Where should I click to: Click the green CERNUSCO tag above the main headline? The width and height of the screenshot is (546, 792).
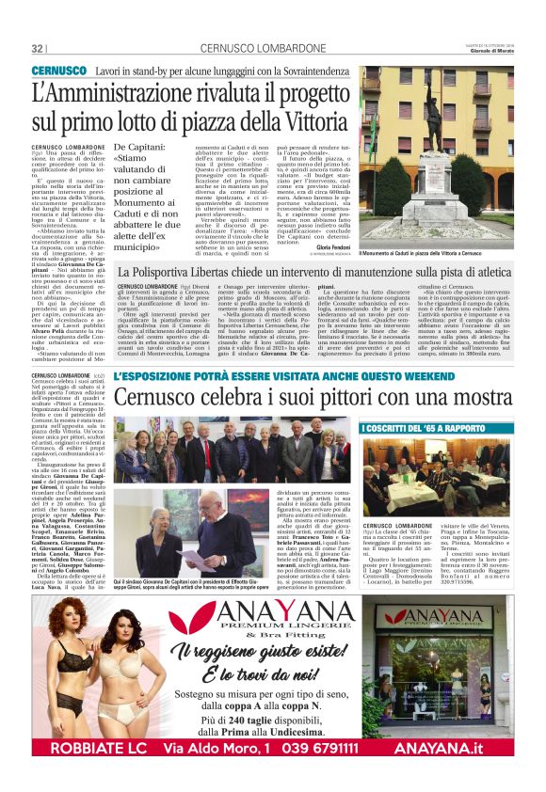tap(58, 72)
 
